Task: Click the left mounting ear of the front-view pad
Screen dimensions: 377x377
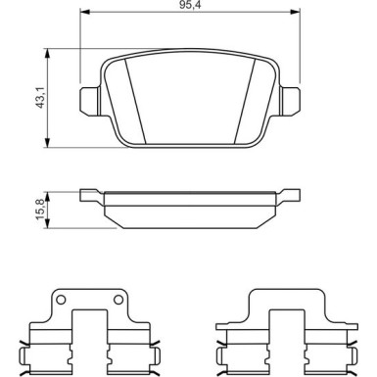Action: tap(88, 99)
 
